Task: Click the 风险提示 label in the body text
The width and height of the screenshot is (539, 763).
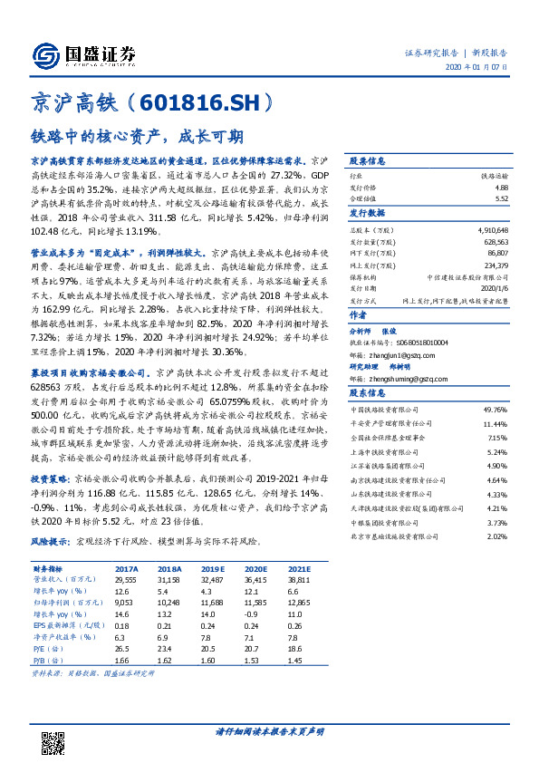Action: pyautogui.click(x=51, y=541)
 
